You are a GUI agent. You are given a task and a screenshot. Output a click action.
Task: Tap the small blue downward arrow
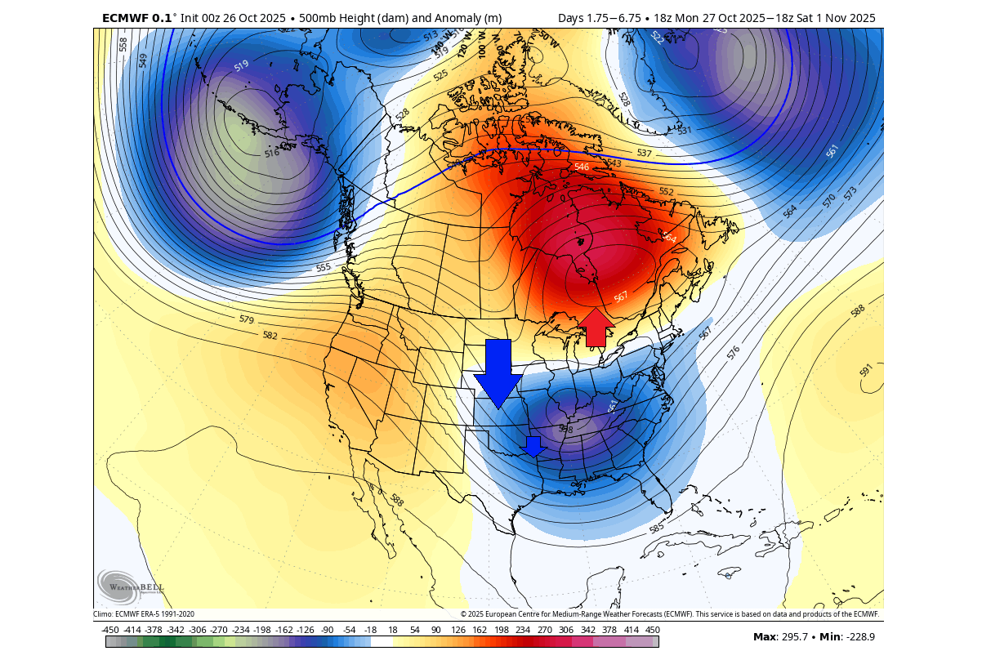(x=533, y=446)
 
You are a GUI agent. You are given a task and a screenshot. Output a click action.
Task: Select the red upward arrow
(x=596, y=327)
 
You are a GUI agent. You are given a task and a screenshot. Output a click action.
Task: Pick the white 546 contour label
(x=582, y=167)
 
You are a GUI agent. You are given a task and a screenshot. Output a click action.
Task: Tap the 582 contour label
(x=270, y=336)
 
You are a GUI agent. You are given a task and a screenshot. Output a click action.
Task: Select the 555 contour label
(x=324, y=267)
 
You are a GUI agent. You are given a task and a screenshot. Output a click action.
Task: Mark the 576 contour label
(x=734, y=352)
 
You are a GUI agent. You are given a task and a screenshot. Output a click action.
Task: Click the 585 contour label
(x=655, y=528)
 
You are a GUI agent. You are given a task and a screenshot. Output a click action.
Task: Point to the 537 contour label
(x=644, y=154)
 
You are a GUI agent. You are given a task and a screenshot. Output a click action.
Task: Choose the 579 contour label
(x=247, y=319)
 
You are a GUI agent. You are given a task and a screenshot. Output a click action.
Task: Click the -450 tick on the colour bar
(x=110, y=630)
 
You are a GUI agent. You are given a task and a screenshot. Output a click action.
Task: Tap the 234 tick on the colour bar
(x=522, y=630)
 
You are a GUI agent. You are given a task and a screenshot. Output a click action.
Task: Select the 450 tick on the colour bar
(x=653, y=630)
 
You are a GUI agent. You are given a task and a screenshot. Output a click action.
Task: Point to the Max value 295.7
(x=788, y=636)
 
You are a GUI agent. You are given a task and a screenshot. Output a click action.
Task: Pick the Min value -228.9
(x=857, y=636)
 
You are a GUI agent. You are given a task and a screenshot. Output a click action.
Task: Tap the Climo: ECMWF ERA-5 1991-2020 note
(x=144, y=614)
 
